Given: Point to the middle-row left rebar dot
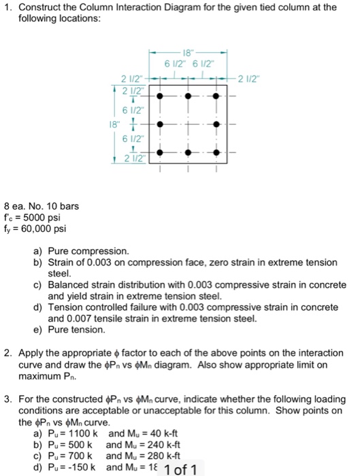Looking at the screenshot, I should click(x=161, y=125).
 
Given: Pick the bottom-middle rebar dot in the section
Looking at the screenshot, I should click(x=189, y=153).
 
